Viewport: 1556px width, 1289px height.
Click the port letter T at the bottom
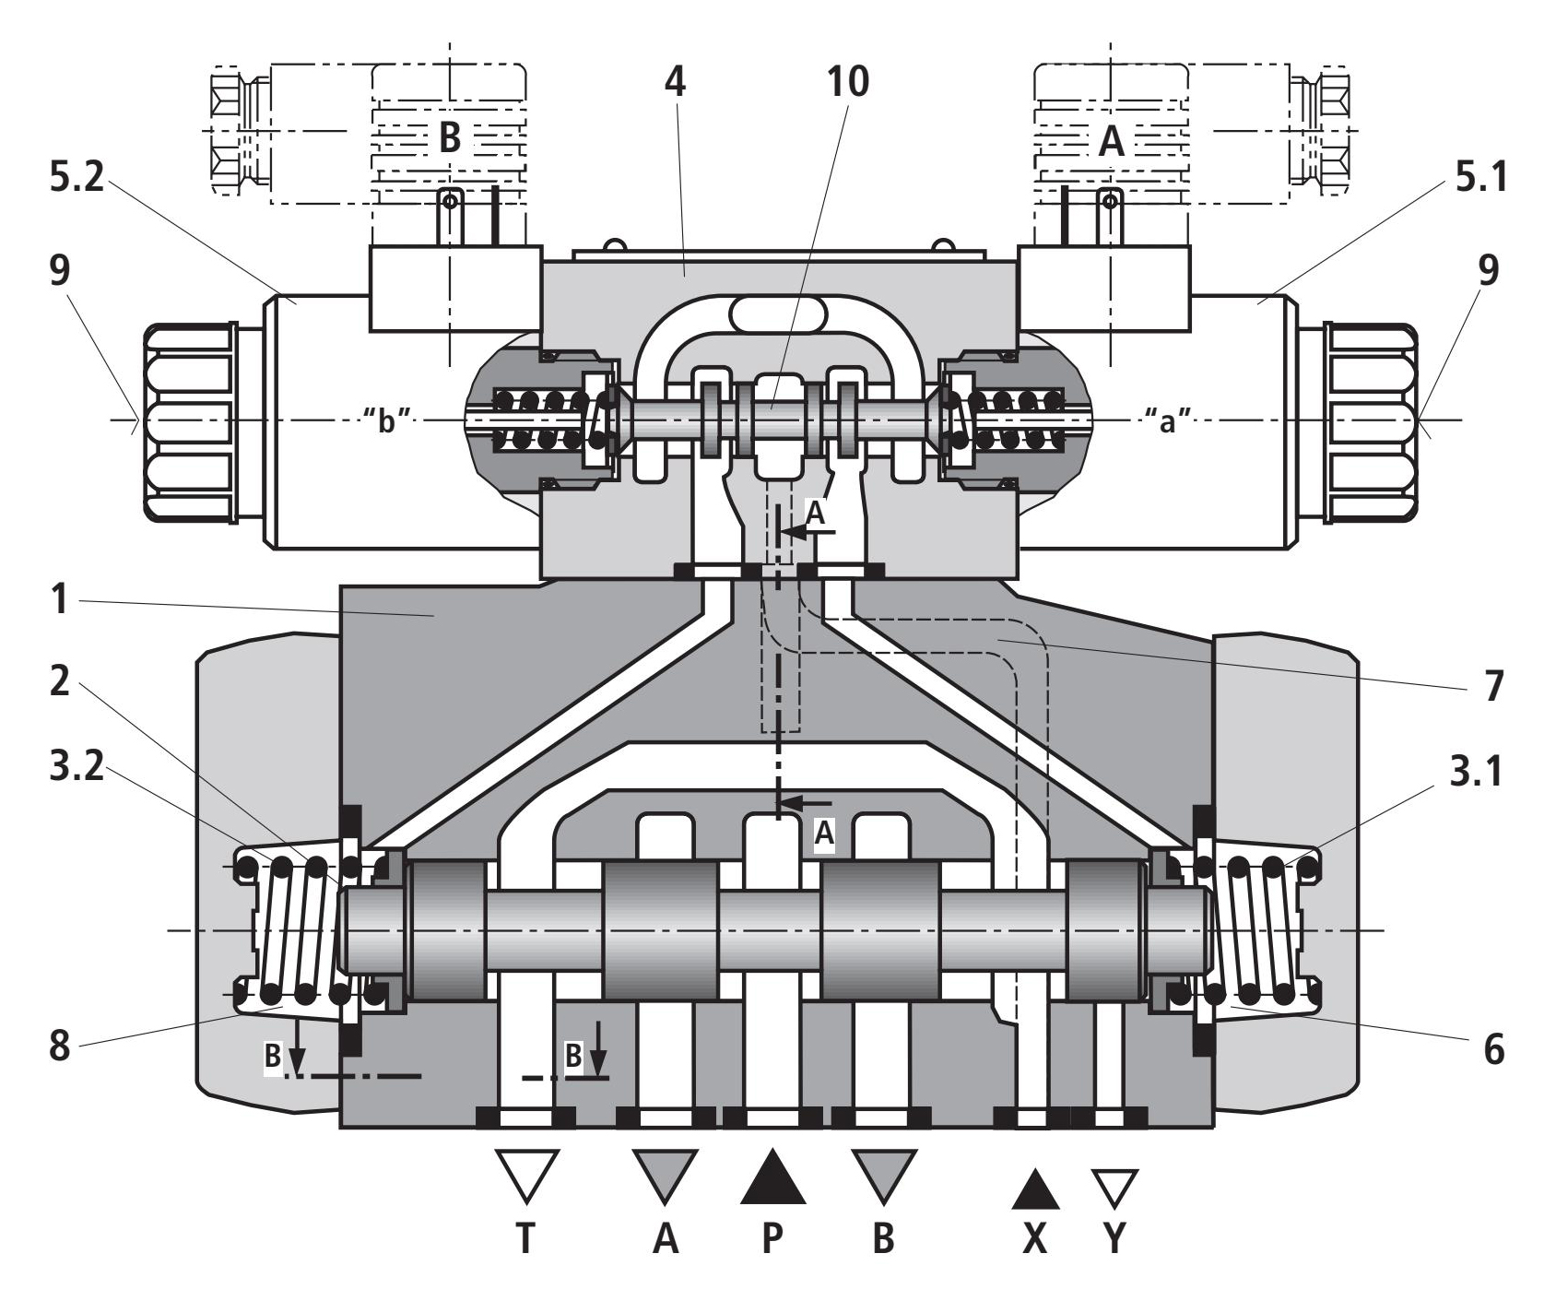point(525,1240)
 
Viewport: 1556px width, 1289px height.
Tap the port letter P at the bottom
point(772,1240)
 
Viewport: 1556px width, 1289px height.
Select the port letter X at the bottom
point(1035,1240)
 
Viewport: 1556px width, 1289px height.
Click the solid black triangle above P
point(773,1177)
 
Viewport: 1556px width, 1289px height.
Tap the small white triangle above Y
point(1115,1188)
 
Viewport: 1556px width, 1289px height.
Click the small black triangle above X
point(1035,1188)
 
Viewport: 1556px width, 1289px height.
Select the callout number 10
point(848,82)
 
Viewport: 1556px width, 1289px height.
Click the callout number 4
point(676,82)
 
